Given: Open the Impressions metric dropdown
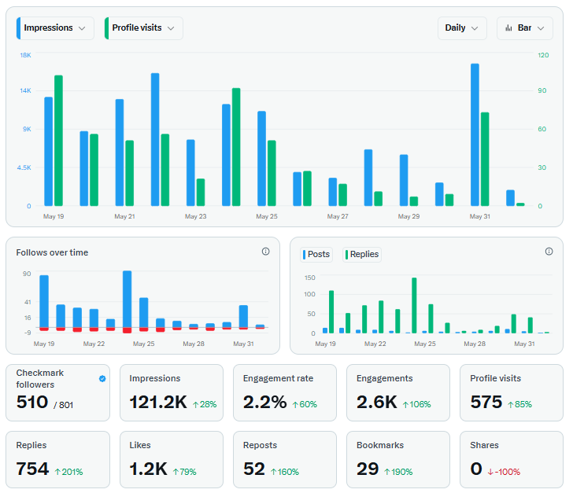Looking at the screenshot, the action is point(55,28).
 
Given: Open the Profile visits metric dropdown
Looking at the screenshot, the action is point(143,28).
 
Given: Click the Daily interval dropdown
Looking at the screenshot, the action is point(462,28).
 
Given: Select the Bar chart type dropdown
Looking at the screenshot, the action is point(525,28).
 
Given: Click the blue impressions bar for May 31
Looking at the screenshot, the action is point(475,134).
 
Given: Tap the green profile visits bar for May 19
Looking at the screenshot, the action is point(58,141).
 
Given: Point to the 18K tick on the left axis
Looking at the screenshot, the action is point(25,55).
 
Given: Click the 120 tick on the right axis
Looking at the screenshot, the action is point(543,55).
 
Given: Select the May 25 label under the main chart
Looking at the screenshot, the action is point(267,216).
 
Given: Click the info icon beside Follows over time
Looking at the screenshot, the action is point(266,252).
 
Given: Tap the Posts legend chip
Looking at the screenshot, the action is point(316,254).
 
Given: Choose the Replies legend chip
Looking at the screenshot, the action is point(362,254).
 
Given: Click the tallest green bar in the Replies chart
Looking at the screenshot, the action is point(414,305).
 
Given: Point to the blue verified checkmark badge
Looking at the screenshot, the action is point(102,379).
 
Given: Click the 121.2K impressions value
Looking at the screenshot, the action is point(158,402).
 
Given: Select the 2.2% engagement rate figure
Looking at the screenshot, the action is point(264,402).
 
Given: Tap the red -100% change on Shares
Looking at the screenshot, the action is point(504,472).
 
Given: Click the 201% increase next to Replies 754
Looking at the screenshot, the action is point(68,472).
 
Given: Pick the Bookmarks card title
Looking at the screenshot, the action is point(380,445).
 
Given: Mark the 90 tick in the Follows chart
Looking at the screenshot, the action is point(27,274).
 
